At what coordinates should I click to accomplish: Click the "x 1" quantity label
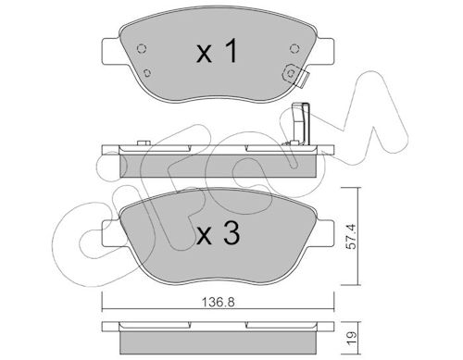tap(218, 51)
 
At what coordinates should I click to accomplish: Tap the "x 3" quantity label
tap(219, 234)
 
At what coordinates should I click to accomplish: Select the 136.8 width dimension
tap(219, 302)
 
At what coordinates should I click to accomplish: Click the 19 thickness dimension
tap(352, 338)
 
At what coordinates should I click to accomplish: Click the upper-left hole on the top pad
tap(142, 49)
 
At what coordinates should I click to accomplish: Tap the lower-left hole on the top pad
tap(147, 73)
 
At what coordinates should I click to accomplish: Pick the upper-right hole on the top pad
tap(294, 48)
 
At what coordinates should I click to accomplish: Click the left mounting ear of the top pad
tap(112, 52)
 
